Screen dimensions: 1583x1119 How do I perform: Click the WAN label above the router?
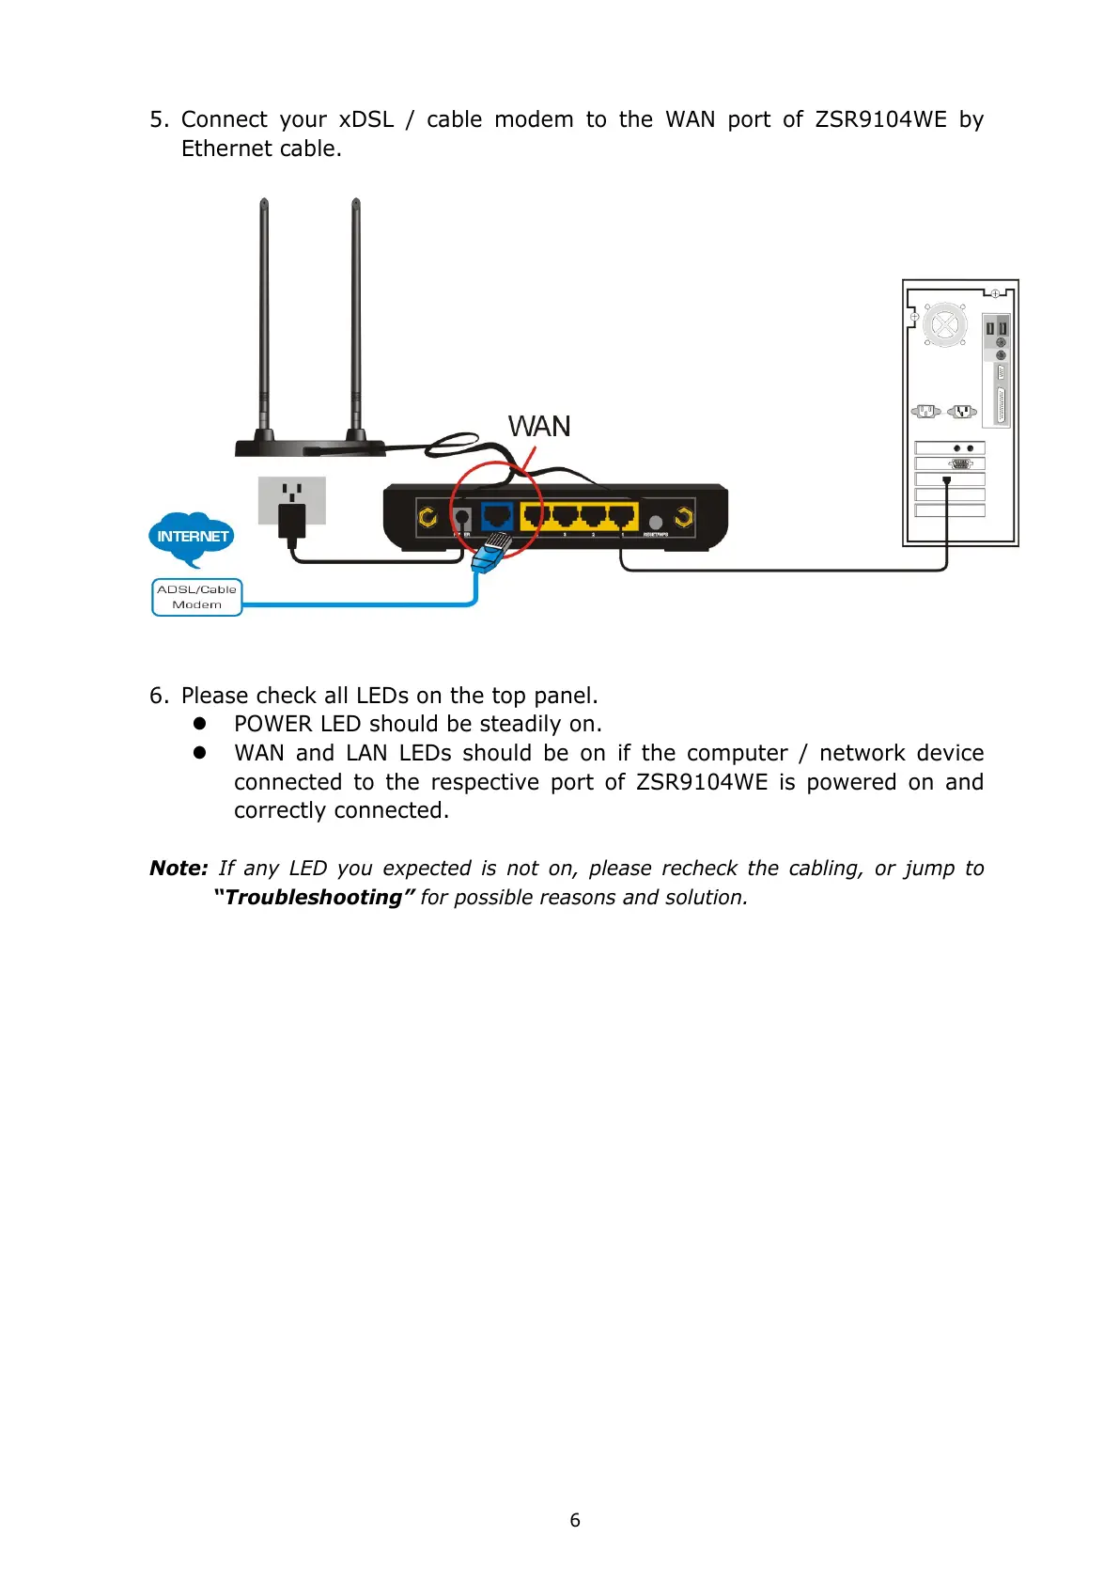(x=539, y=427)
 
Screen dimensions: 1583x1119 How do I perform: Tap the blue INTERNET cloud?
(x=192, y=536)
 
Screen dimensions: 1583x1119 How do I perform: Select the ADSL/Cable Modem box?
(x=197, y=597)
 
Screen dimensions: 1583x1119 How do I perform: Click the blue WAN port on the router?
(x=496, y=516)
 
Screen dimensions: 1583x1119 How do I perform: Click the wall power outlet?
(x=292, y=500)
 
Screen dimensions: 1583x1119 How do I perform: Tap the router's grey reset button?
(x=656, y=522)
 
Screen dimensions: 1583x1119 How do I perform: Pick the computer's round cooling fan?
(x=944, y=325)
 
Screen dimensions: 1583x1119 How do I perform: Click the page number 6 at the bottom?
(x=575, y=1520)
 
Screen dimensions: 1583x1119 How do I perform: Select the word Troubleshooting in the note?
(x=314, y=898)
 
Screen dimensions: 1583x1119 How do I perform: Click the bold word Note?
(x=179, y=869)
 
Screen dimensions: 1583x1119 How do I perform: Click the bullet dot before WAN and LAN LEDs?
(x=199, y=753)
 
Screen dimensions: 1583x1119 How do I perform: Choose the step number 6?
(x=157, y=696)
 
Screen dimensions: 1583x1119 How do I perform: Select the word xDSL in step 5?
(x=366, y=120)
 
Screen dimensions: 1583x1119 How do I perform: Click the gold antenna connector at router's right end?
(x=684, y=517)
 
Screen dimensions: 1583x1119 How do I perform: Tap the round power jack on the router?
(x=461, y=517)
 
